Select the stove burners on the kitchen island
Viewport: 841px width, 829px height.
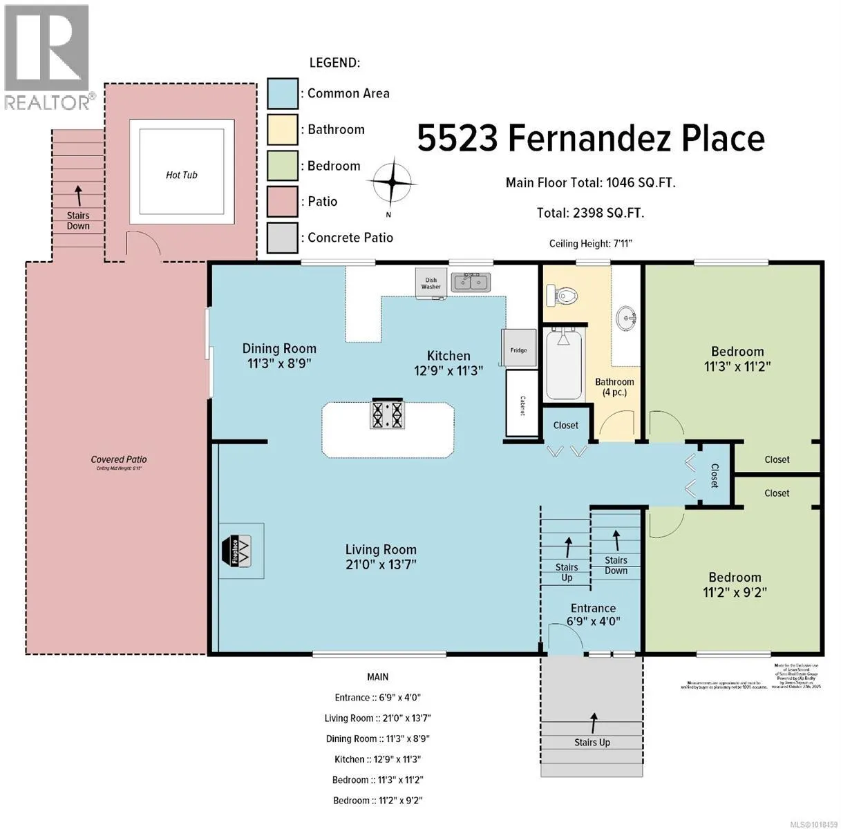[x=388, y=414]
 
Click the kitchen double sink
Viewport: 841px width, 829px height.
[x=471, y=282]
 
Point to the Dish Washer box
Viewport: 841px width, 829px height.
[x=431, y=283]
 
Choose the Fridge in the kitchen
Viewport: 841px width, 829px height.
[x=519, y=349]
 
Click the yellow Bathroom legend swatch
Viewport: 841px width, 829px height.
[x=283, y=130]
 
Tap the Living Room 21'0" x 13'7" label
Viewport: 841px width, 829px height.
[x=381, y=557]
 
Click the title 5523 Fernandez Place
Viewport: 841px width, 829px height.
[x=591, y=140]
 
